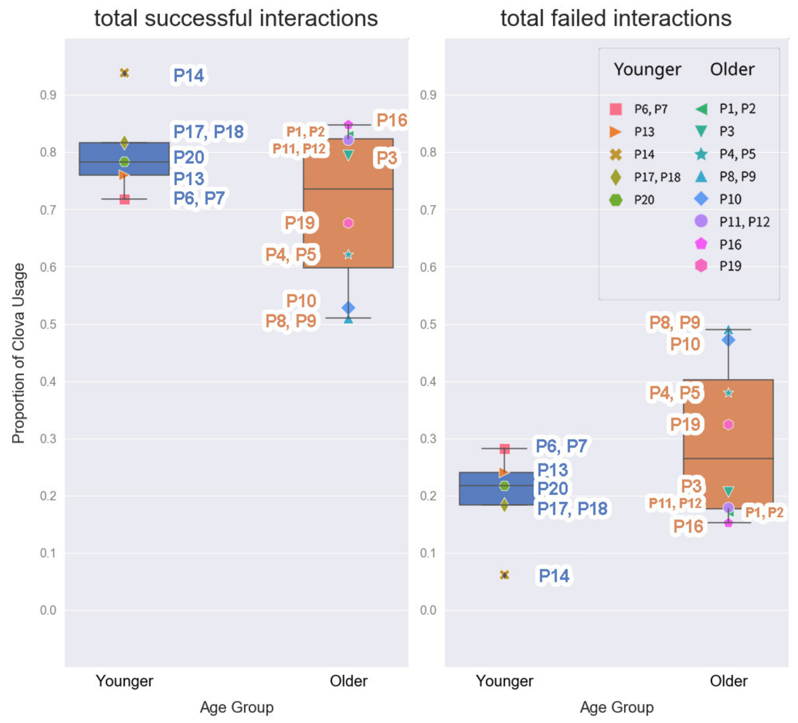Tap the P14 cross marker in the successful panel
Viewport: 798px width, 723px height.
click(x=124, y=73)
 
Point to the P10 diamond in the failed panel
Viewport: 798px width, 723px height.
click(x=728, y=340)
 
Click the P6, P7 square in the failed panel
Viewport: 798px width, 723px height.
click(x=504, y=449)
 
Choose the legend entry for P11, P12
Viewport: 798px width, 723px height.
click(x=732, y=221)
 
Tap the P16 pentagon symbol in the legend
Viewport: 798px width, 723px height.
click(x=701, y=244)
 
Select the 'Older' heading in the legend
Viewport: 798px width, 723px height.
click(x=732, y=69)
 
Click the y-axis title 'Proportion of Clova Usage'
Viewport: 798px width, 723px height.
click(x=19, y=353)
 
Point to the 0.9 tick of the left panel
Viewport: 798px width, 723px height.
click(x=48, y=95)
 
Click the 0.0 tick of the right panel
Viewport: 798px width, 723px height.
click(x=428, y=610)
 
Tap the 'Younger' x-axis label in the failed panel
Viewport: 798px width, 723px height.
click(x=504, y=681)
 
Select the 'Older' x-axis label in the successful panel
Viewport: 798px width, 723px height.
click(x=348, y=681)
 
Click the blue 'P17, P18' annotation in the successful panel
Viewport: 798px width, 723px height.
click(x=209, y=132)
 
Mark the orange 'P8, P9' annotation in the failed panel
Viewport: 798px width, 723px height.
click(x=675, y=322)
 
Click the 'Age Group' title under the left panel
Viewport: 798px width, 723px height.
click(x=237, y=707)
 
